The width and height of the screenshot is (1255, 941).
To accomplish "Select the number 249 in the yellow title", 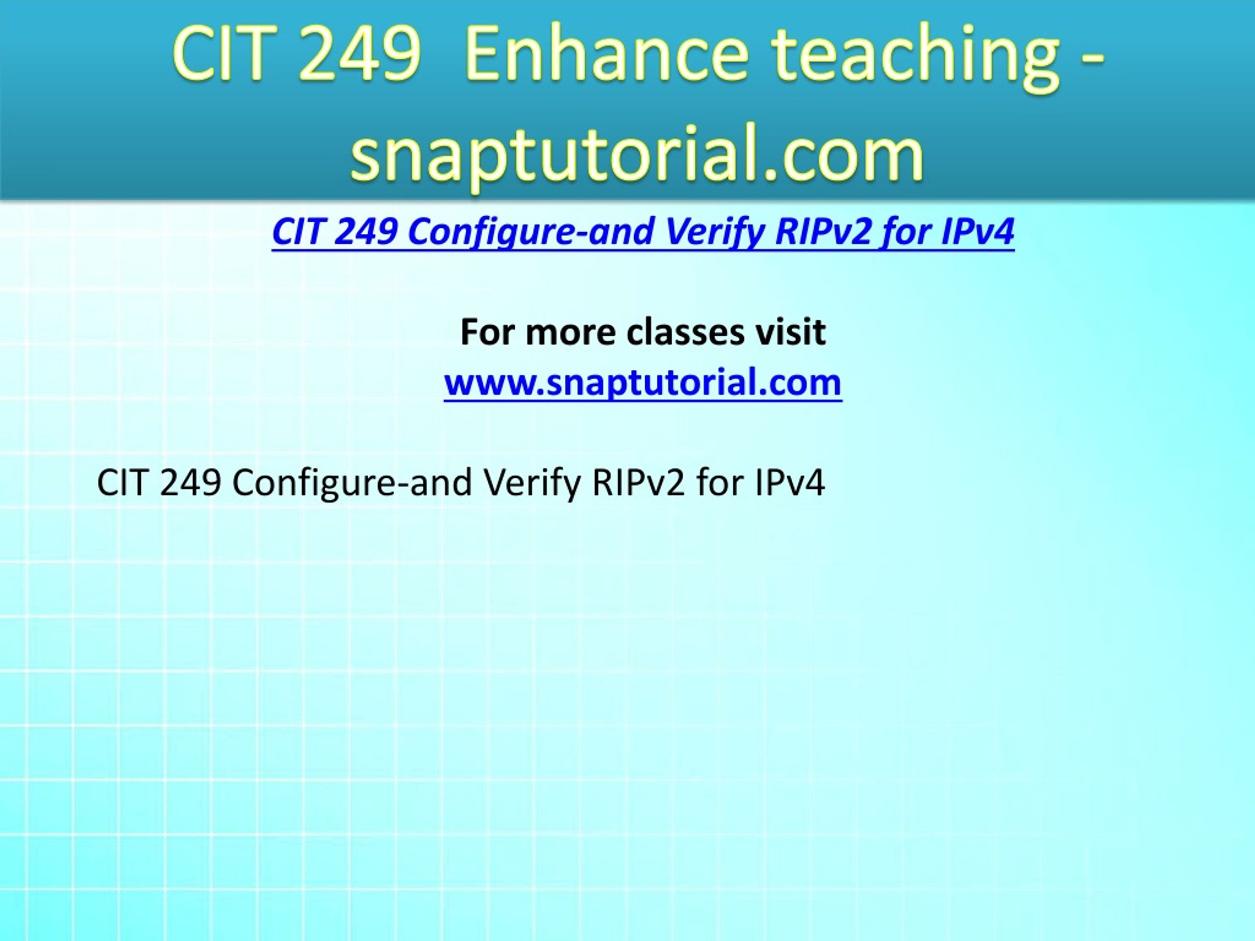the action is [x=360, y=55].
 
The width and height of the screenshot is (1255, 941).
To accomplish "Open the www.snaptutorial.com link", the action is [x=643, y=382].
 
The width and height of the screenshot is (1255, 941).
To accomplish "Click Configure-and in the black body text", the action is [x=352, y=484].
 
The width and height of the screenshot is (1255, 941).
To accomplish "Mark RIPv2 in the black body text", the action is [x=638, y=484].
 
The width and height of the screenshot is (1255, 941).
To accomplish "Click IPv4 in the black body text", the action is [x=789, y=484].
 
